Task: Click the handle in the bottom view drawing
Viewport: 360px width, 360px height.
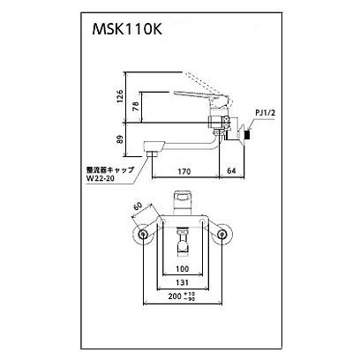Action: coord(184,199)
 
